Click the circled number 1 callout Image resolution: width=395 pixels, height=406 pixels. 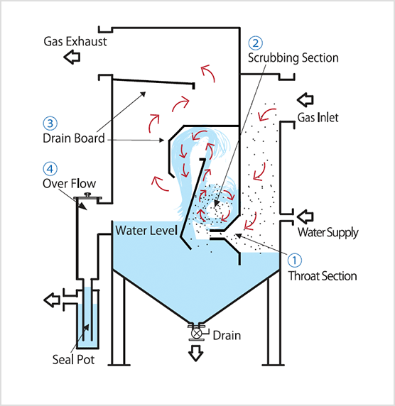pyautogui.click(x=294, y=260)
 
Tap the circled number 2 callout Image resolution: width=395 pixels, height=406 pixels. pyautogui.click(x=256, y=43)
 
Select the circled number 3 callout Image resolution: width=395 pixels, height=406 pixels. pyautogui.click(x=50, y=124)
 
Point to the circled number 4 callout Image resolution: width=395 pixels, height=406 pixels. pyautogui.click(x=50, y=168)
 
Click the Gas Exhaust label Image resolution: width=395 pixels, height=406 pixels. pyautogui.click(x=75, y=41)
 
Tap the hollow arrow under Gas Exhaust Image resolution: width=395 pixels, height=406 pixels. pyautogui.click(x=72, y=57)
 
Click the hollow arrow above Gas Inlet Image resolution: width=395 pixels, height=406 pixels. pyautogui.click(x=305, y=99)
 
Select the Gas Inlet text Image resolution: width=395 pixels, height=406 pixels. pyautogui.click(x=318, y=118)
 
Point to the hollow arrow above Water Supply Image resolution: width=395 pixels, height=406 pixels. pyautogui.click(x=305, y=216)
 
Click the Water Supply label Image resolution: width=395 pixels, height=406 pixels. pyautogui.click(x=328, y=233)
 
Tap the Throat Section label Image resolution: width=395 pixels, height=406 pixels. pyautogui.click(x=323, y=276)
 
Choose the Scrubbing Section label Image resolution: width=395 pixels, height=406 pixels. pyautogui.click(x=293, y=57)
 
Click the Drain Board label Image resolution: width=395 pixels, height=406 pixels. pyautogui.click(x=74, y=138)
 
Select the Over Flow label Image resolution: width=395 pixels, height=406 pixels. pyautogui.click(x=69, y=184)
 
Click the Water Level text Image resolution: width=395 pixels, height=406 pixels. pyautogui.click(x=146, y=230)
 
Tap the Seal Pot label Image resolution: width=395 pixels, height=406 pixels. pyautogui.click(x=73, y=360)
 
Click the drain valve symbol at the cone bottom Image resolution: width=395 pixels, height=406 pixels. pyautogui.click(x=197, y=333)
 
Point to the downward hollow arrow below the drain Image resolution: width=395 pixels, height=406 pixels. pyautogui.click(x=195, y=353)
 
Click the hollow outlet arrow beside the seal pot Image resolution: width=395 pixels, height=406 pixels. pyautogui.click(x=52, y=300)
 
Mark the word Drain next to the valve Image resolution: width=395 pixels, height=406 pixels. pyautogui.click(x=227, y=336)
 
